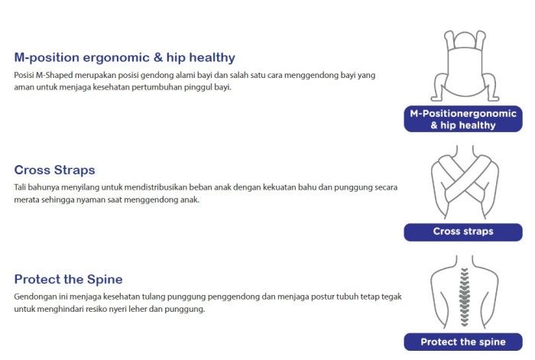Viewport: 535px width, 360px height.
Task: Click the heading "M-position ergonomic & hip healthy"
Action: [x=125, y=57]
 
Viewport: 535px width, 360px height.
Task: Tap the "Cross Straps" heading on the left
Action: [x=54, y=170]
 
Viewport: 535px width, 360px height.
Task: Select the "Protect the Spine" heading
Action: [x=68, y=280]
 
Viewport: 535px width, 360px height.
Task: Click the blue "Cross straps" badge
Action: [x=463, y=232]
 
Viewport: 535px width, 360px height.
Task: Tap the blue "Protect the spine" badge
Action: [x=463, y=342]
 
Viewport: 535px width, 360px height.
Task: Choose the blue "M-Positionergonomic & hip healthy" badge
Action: [x=463, y=118]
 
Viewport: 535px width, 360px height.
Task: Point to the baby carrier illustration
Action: [x=465, y=66]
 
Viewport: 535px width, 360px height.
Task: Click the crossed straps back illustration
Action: [x=465, y=182]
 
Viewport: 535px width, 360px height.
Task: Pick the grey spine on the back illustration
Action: [x=464, y=297]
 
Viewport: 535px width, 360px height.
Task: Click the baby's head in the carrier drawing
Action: [x=465, y=40]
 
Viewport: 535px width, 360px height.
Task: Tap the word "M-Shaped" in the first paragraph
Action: [x=54, y=75]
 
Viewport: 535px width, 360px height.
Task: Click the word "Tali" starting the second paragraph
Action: [x=20, y=187]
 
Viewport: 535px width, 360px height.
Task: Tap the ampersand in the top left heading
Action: [x=158, y=57]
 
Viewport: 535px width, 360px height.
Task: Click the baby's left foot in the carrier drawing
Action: [x=493, y=99]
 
